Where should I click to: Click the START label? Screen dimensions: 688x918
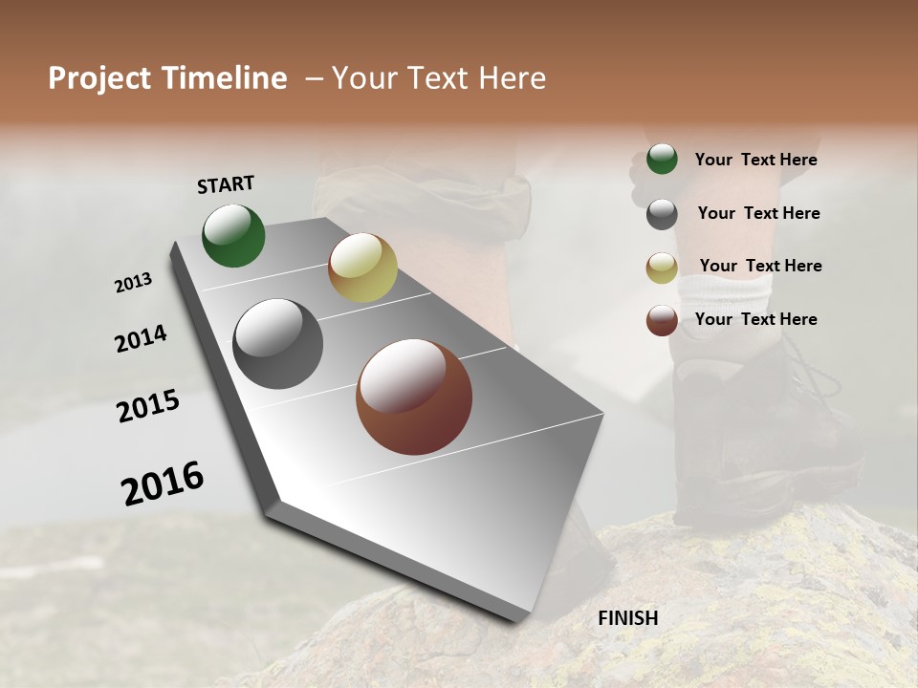pyautogui.click(x=226, y=184)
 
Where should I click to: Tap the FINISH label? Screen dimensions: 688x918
pyautogui.click(x=627, y=618)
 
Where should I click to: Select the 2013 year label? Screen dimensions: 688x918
pyautogui.click(x=133, y=283)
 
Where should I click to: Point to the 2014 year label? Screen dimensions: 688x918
pyautogui.click(x=141, y=338)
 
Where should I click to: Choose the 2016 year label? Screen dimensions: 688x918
pyautogui.click(x=163, y=484)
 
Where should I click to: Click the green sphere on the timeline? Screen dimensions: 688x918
pyautogui.click(x=233, y=236)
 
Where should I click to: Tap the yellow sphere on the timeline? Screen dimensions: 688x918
pyautogui.click(x=362, y=268)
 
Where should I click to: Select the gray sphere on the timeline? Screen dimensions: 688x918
pyautogui.click(x=277, y=344)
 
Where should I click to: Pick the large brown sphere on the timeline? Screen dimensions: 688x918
pyautogui.click(x=414, y=397)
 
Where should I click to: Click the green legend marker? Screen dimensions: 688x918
pyautogui.click(x=662, y=160)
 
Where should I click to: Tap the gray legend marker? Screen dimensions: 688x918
pyautogui.click(x=662, y=214)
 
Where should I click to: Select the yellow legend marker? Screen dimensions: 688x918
pyautogui.click(x=662, y=268)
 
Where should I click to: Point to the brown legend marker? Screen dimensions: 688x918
pyautogui.click(x=662, y=320)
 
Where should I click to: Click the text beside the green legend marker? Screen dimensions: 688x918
pyautogui.click(x=755, y=160)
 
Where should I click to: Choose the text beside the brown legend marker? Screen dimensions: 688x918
pyautogui.click(x=755, y=319)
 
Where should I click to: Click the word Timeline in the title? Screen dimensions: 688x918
pyautogui.click(x=225, y=78)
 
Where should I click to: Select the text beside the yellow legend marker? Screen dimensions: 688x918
pyautogui.click(x=760, y=266)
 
